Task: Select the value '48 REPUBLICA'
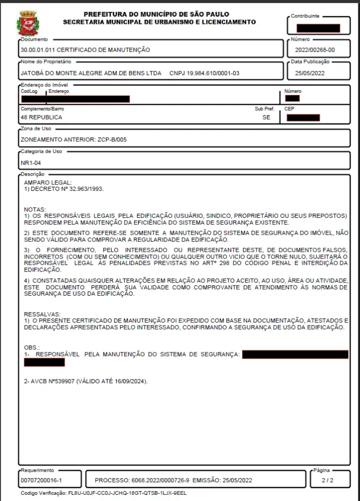(40, 118)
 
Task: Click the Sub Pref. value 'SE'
(267, 118)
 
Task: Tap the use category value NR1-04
(31, 163)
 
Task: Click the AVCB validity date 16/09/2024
(128, 381)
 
